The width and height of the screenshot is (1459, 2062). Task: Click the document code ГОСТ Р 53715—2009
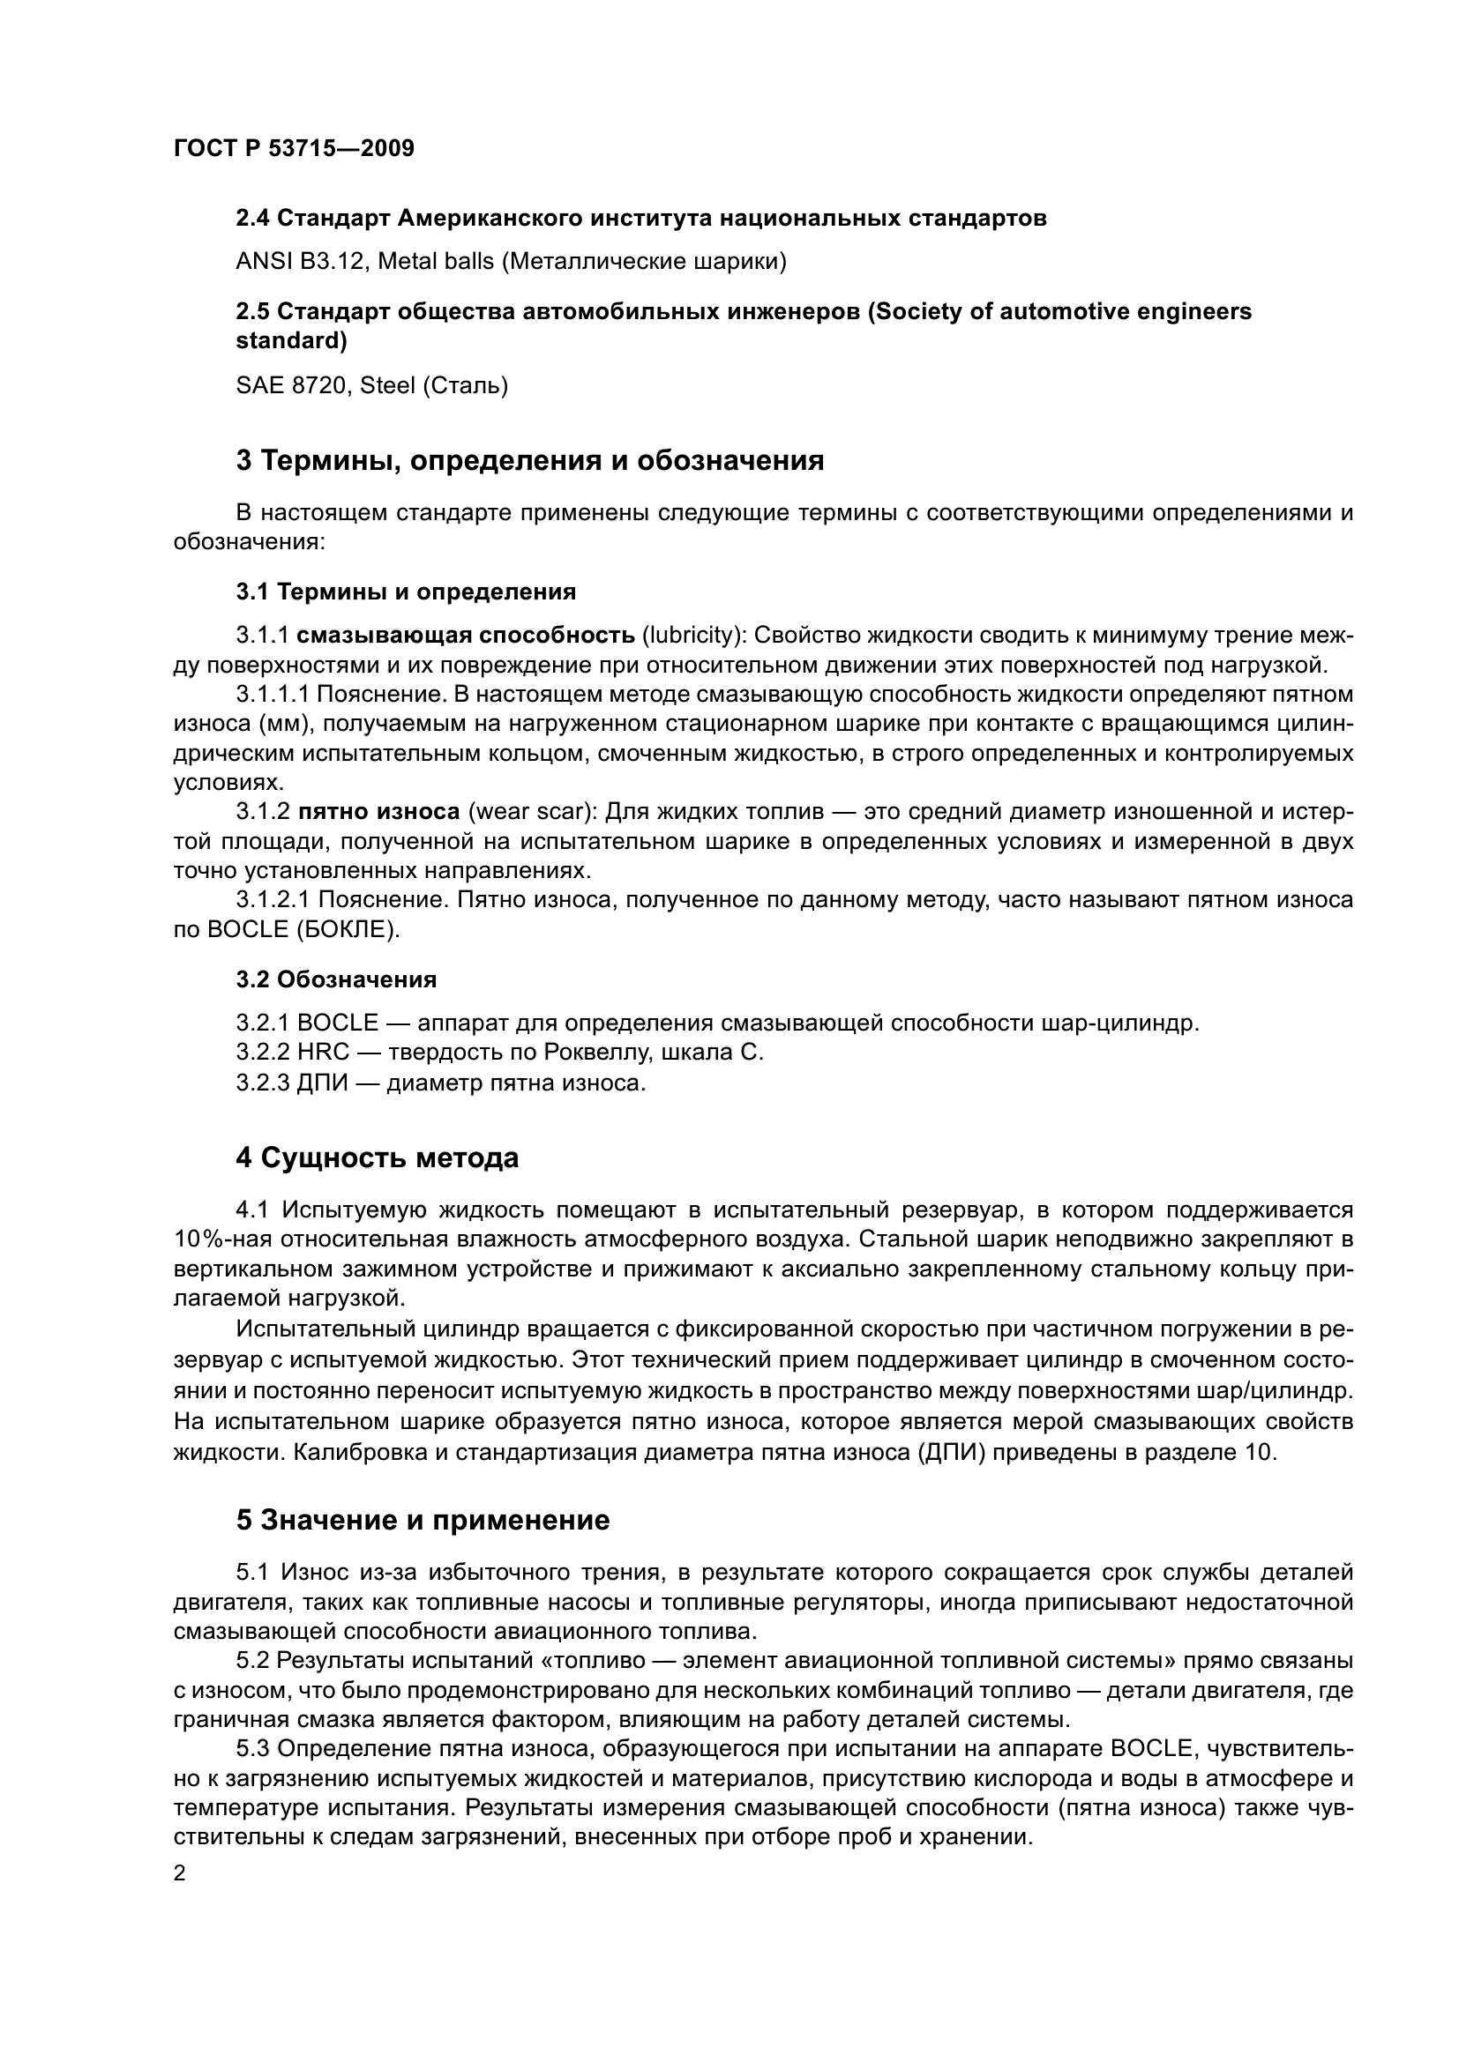294,149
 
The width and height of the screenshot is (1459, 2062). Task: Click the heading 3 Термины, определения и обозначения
530,461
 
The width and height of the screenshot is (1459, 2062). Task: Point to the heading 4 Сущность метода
378,1158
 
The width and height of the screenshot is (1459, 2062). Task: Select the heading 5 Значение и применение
423,1521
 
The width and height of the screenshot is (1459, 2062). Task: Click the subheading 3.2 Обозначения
337,979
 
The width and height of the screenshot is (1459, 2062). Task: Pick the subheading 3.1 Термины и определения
406,592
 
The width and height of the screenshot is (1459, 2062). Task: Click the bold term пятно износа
378,812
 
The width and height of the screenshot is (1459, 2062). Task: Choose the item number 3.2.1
262,1023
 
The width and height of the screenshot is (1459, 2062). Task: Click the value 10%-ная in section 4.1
222,1239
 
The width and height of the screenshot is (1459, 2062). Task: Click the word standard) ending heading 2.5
291,341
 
